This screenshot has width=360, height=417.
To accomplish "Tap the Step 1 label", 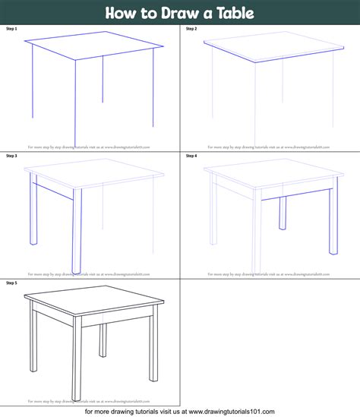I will pos(11,28).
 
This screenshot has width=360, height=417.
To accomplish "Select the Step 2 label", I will pos(191,28).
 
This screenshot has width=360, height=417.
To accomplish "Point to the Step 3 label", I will pos(11,155).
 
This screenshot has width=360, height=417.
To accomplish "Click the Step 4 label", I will pos(191,155).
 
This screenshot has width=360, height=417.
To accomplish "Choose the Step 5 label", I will pos(11,283).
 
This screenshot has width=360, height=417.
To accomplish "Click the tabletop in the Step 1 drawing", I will pos(95,48).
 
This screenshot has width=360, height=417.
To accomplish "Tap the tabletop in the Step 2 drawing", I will pos(272,48).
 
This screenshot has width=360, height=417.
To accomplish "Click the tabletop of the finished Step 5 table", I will pos(95,302).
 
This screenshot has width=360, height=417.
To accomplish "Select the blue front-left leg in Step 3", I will pos(32,209).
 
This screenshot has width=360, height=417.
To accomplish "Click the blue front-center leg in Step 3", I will pos(76,228).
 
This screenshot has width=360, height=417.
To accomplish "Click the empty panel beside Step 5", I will pos(270,342).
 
